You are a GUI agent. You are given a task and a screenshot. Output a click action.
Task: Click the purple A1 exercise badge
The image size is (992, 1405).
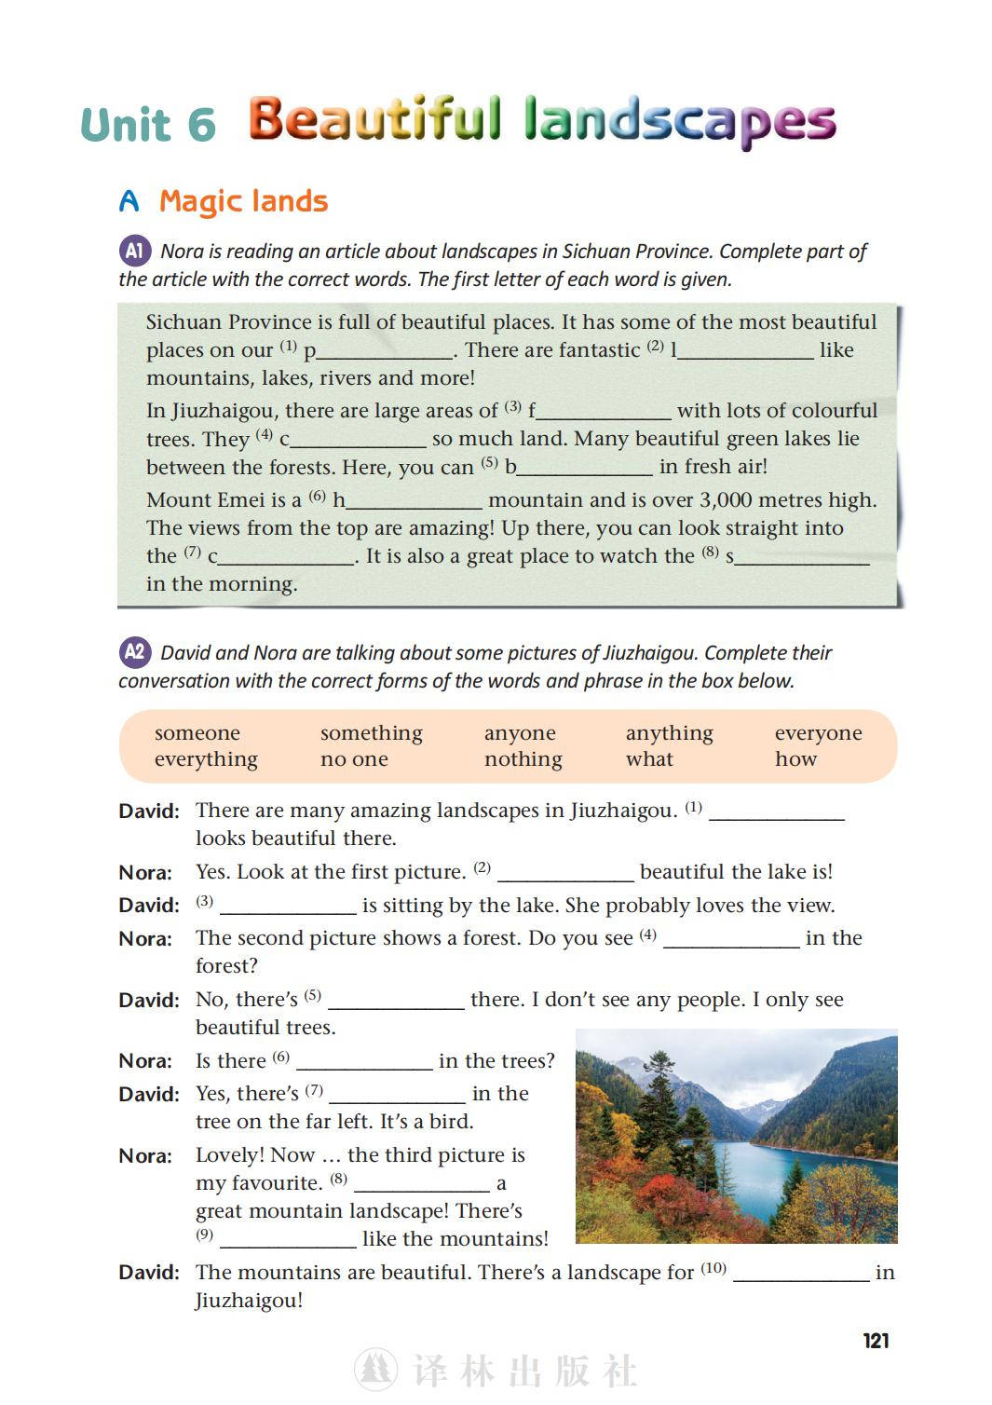(135, 251)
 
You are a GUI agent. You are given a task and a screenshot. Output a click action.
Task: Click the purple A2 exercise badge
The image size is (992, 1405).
(135, 652)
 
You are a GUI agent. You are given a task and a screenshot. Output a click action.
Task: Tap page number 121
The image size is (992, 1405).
(876, 1341)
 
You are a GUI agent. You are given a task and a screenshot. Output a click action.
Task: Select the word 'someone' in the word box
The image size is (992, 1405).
(197, 733)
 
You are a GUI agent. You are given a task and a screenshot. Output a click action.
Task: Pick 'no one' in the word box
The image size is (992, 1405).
(354, 759)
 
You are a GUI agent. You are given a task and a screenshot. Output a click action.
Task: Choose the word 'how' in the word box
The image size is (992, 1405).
(795, 759)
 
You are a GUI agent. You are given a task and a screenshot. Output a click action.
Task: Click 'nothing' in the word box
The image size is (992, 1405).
(523, 759)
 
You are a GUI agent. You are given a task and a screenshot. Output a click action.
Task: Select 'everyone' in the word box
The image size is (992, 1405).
(818, 733)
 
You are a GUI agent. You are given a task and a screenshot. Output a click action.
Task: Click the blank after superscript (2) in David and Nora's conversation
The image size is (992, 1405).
(565, 874)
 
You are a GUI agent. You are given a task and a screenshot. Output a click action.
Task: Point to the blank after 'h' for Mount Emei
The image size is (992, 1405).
(414, 502)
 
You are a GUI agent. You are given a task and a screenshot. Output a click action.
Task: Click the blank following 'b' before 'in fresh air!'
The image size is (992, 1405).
(585, 469)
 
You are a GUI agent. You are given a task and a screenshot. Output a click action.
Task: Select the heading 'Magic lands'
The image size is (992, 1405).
(243, 201)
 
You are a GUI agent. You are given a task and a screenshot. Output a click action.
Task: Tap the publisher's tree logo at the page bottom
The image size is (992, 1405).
(375, 1370)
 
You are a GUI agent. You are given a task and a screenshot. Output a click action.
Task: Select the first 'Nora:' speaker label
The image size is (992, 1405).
(145, 873)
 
